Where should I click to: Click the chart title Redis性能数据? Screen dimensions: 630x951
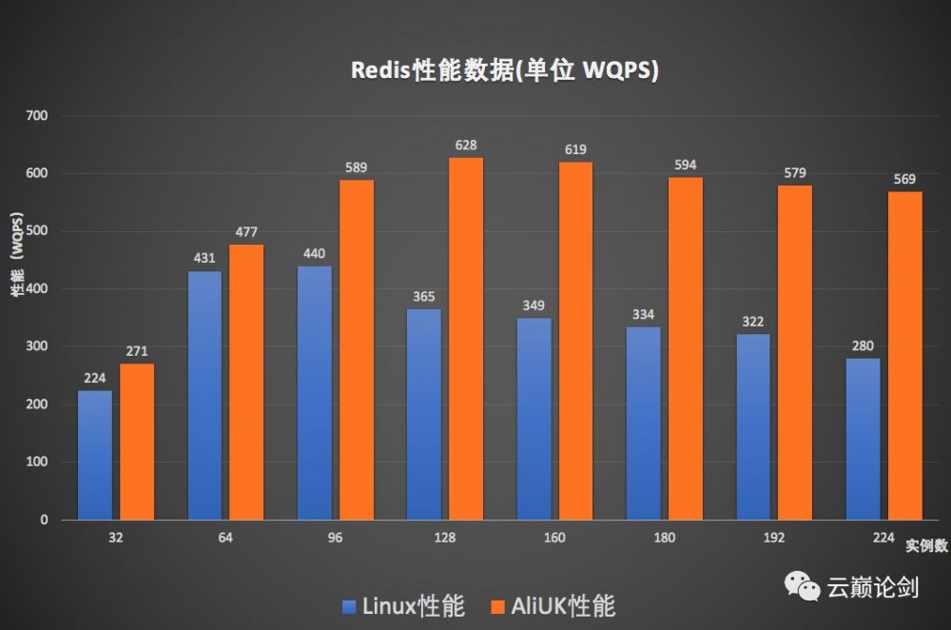[505, 71]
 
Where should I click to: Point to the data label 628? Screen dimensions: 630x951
[466, 145]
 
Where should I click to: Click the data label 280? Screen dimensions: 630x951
[863, 345]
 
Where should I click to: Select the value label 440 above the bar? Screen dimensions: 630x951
[315, 253]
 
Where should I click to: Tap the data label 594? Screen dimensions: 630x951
[686, 165]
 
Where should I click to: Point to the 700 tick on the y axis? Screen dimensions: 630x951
[38, 116]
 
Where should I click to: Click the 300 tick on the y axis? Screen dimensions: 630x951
[38, 346]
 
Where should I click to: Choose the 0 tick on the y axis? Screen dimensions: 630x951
[45, 520]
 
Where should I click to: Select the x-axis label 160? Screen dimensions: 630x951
[554, 538]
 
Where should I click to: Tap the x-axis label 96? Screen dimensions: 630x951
[335, 538]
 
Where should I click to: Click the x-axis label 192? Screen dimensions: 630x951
[774, 538]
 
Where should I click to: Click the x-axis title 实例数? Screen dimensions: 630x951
[924, 546]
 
